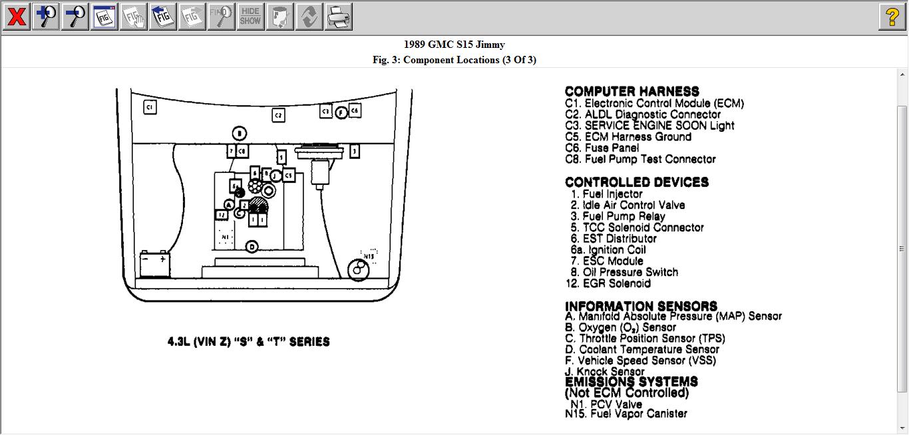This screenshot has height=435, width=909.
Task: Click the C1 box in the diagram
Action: (x=150, y=106)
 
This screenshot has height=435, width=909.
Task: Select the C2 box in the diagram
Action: (x=279, y=115)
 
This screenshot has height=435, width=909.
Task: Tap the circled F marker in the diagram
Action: (x=341, y=113)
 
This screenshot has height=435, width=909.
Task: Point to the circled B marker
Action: (x=240, y=134)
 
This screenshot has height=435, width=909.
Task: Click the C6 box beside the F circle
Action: (x=355, y=110)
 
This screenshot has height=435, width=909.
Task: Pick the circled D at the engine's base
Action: (x=252, y=247)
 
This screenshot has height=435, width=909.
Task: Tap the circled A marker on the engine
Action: (x=229, y=206)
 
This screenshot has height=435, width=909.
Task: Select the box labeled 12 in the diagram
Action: (x=222, y=215)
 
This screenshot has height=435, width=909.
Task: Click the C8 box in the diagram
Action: (x=242, y=152)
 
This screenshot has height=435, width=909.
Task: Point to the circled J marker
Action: (x=275, y=176)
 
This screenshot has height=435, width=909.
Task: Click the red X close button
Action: (x=16, y=17)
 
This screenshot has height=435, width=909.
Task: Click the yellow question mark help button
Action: (x=892, y=17)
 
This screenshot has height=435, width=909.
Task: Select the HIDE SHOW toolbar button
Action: (x=250, y=17)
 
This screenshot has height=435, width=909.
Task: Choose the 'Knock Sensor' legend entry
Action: (x=605, y=372)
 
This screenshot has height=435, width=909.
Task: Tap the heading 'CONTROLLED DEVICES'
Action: (x=636, y=182)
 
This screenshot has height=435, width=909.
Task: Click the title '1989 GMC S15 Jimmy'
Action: (x=454, y=45)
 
